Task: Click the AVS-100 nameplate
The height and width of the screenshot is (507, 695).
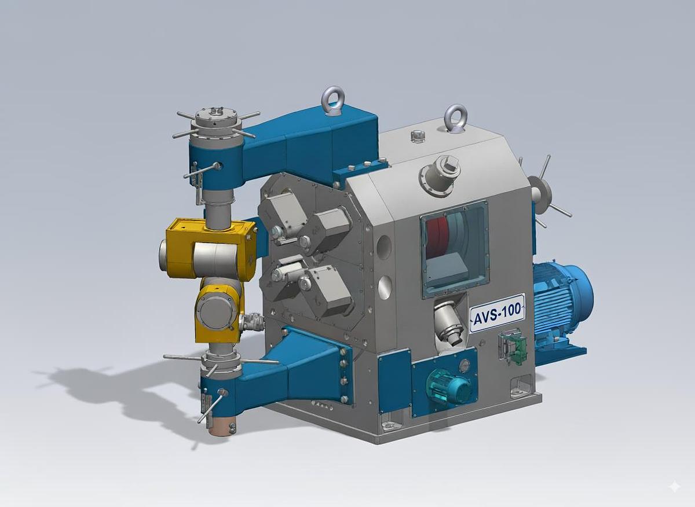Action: pyautogui.click(x=497, y=313)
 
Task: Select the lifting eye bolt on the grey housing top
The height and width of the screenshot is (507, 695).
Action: pyautogui.click(x=455, y=119)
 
